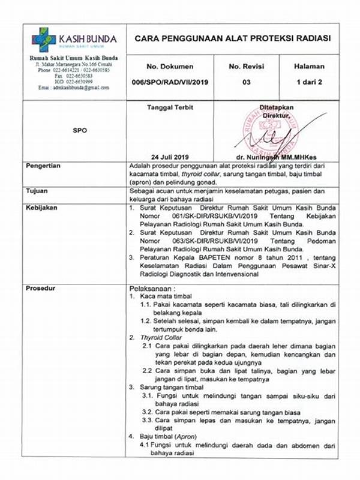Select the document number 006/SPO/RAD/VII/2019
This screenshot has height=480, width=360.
coord(170,82)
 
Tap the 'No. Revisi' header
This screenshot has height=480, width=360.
coord(246,66)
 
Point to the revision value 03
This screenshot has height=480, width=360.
coord(246,82)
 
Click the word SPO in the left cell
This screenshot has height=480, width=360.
coord(79,130)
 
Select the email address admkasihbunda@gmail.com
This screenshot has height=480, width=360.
coord(74,88)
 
